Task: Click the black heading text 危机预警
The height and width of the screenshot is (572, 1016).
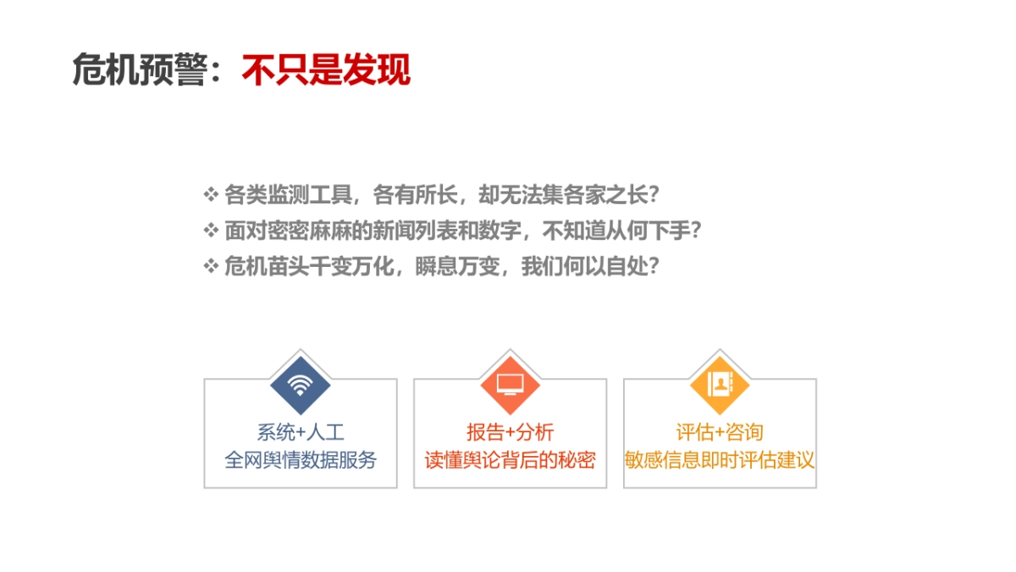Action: (x=140, y=70)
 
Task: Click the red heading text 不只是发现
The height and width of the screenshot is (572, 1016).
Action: (x=326, y=70)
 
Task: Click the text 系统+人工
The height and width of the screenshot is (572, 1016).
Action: (x=301, y=432)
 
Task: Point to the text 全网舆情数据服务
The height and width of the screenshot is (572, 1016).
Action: (x=301, y=461)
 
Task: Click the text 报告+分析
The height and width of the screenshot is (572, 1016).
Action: (x=510, y=432)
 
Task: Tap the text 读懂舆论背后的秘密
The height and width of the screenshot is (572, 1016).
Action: (x=510, y=461)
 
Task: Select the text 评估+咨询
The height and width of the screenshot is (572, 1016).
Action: (x=720, y=432)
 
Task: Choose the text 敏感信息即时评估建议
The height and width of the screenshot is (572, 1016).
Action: (x=720, y=461)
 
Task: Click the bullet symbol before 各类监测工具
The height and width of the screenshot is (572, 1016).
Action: (x=211, y=195)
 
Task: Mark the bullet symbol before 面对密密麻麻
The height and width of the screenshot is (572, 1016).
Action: (x=211, y=230)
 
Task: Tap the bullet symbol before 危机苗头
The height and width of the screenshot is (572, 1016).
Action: (x=211, y=266)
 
